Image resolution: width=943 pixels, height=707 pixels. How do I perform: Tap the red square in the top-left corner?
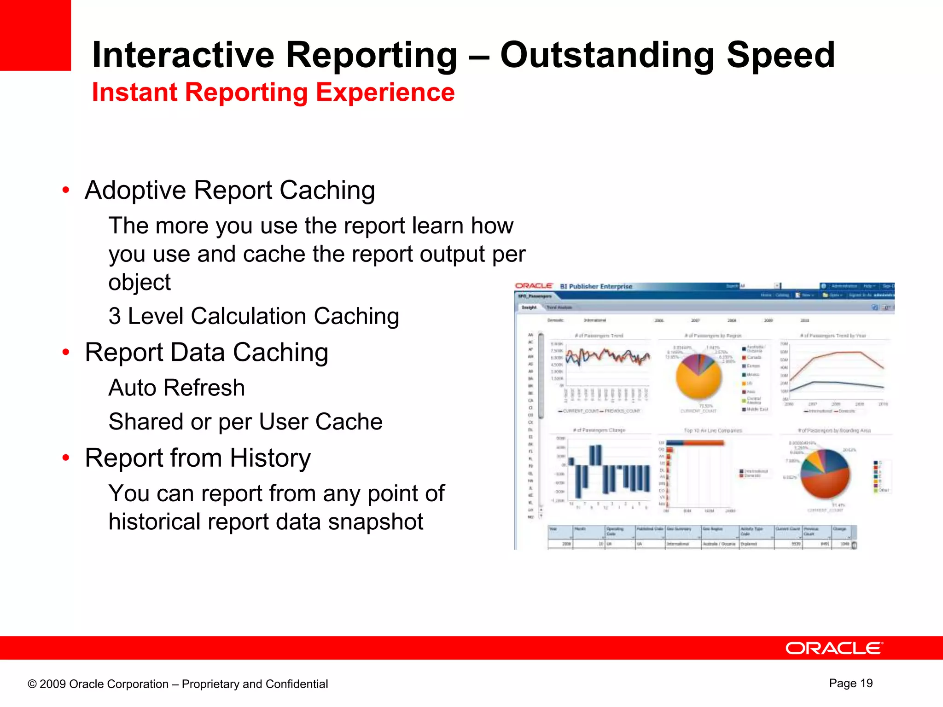point(35,35)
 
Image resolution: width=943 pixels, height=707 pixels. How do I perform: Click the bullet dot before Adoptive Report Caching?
point(66,190)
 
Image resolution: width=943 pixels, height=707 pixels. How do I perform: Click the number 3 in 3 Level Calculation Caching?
point(115,316)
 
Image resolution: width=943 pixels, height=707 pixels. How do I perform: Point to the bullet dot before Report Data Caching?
point(66,352)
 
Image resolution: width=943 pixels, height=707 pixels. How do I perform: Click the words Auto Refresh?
point(176,388)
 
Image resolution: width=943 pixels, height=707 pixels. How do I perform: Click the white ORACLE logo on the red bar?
point(834,648)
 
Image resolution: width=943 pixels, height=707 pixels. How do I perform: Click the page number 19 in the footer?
point(866,683)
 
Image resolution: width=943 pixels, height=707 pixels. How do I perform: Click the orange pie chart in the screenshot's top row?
point(699,377)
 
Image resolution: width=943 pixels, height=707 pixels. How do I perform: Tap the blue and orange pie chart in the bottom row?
point(825,474)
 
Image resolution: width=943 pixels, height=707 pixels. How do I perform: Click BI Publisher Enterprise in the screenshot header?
point(596,286)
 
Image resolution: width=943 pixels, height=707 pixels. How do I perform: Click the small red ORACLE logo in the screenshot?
point(533,286)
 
